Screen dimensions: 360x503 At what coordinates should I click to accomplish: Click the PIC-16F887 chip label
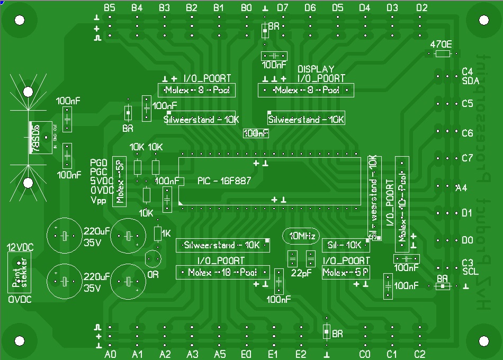[224, 181]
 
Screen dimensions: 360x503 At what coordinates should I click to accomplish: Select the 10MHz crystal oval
[301, 235]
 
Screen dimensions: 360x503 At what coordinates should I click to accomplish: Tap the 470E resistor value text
[441, 44]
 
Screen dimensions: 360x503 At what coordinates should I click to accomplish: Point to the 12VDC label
[20, 247]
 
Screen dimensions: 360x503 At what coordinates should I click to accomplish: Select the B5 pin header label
[110, 7]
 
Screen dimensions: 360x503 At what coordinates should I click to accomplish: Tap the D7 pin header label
[283, 7]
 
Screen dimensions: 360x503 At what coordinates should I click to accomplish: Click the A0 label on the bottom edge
[110, 354]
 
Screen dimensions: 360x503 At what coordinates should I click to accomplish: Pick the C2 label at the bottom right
[419, 354]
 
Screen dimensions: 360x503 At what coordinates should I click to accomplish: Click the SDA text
[470, 81]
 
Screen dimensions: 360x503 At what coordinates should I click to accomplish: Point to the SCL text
[470, 272]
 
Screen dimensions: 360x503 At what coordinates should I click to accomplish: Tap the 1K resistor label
[166, 233]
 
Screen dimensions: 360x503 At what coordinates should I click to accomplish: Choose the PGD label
[98, 163]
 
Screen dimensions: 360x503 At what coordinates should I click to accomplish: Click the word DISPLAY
[316, 69]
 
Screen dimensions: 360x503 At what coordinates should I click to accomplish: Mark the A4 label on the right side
[461, 187]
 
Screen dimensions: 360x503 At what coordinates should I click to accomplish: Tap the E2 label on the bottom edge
[301, 354]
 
